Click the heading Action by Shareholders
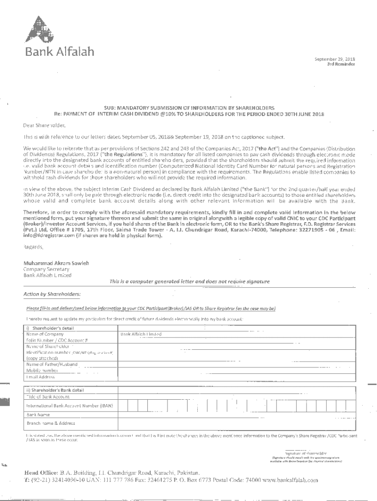point(52,294)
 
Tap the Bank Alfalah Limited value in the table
point(141,334)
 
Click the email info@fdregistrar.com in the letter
point(45,235)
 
